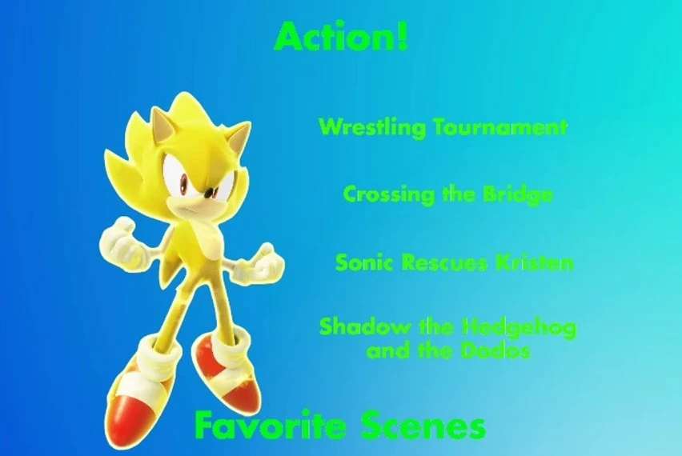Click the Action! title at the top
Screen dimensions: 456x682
341,36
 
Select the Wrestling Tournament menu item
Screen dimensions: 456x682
443,127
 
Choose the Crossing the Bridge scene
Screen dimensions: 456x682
447,194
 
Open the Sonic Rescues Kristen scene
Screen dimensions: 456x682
454,262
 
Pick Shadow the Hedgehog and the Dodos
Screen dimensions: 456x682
447,338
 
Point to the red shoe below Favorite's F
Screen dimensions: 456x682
136,400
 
